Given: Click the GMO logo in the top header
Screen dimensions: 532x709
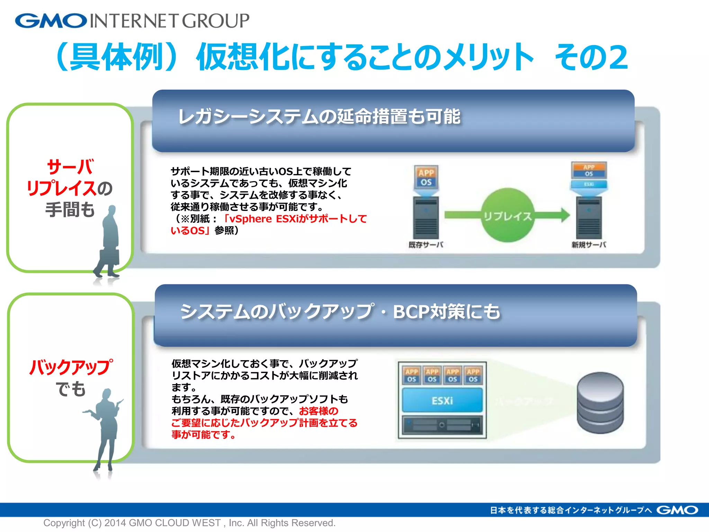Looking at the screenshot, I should click(x=51, y=21).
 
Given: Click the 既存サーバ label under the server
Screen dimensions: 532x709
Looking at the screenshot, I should click(x=426, y=245).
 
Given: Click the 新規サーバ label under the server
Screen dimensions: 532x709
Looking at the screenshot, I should click(x=589, y=245).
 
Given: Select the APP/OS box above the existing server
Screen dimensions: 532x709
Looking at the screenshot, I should click(x=426, y=177).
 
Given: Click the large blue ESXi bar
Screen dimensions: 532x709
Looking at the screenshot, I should click(x=442, y=400).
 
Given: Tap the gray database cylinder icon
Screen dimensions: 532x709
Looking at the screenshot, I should click(x=600, y=403).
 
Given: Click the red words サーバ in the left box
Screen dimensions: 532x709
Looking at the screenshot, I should click(x=70, y=167).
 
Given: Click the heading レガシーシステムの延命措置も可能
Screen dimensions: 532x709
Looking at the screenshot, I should click(x=319, y=116).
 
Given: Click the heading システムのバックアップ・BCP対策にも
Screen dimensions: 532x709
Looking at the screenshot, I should click(x=340, y=311).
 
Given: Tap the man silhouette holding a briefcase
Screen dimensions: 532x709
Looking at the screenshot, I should click(x=108, y=242).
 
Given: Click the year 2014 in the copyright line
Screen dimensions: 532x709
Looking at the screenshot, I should click(x=115, y=523).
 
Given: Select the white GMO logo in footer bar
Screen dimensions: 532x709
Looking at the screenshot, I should click(x=677, y=510).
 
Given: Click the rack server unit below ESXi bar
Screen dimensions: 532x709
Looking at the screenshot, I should click(x=442, y=425).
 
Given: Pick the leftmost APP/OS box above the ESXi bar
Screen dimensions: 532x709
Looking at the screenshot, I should click(x=412, y=375).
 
